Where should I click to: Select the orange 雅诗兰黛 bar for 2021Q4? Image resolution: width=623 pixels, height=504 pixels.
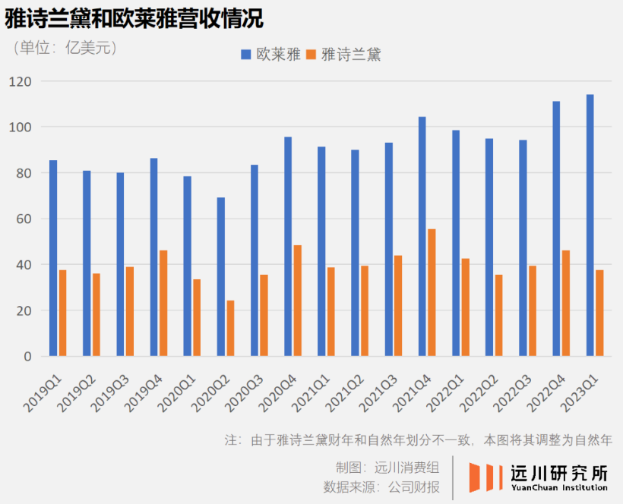432,292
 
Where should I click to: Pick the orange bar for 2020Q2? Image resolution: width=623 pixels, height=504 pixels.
230,328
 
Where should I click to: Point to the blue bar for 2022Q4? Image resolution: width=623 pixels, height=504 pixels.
556,228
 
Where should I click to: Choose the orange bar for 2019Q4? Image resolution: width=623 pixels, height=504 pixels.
163,303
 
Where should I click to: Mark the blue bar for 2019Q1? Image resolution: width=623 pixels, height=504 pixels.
53,258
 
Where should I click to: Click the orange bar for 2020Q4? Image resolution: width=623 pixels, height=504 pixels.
297,301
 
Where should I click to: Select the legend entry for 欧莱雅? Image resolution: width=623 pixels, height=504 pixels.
270,55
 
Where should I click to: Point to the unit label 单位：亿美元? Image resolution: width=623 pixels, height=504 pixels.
65,48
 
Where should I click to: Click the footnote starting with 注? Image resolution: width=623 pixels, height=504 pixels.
418,440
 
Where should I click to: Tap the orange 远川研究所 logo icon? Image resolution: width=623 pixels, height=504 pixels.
485,477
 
